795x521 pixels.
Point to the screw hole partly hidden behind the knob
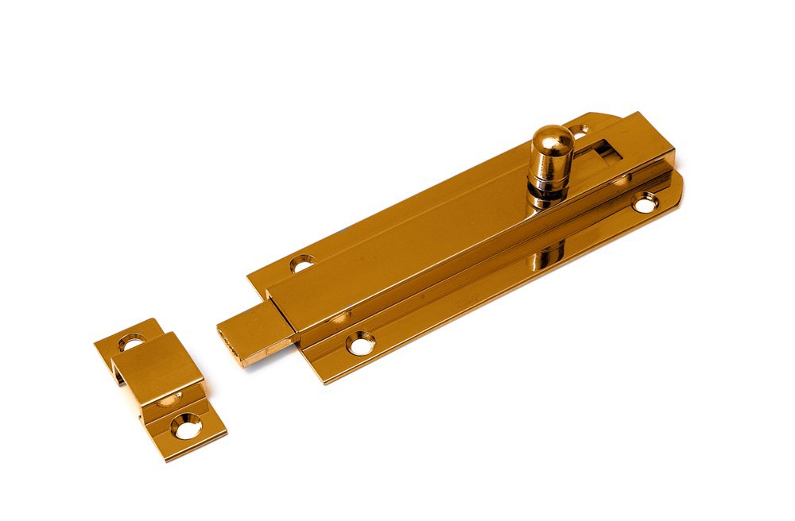coord(579,130)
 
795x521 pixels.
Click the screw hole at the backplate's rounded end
coord(645,204)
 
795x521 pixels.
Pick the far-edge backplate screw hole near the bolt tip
coord(302,263)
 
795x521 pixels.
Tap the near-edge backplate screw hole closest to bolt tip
coord(361,343)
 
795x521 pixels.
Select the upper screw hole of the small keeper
coord(131,343)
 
